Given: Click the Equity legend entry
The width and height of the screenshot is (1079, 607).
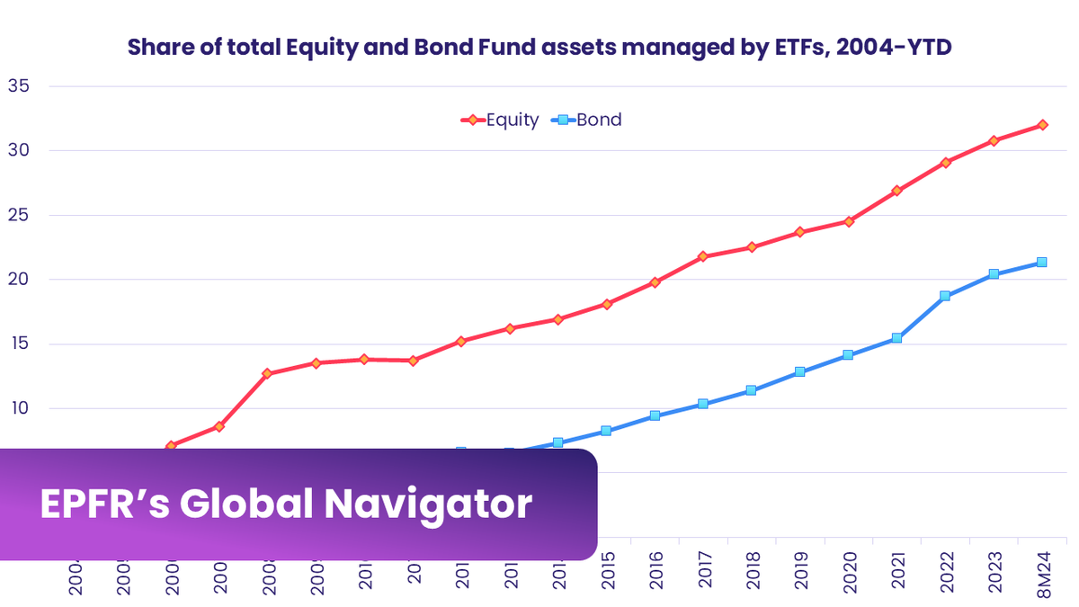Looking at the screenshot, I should point(512,120).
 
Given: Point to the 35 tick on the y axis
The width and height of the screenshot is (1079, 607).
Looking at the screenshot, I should point(19,86).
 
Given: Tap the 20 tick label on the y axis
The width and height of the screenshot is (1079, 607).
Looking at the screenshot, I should point(19,280).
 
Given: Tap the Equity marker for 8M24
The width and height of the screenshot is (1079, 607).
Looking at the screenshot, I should point(1042,125).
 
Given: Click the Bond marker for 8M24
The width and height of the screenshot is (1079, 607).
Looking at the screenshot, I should point(1042,263).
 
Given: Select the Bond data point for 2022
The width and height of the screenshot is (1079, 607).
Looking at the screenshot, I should point(945,296).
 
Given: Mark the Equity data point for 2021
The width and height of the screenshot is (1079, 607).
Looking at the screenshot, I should point(896,191).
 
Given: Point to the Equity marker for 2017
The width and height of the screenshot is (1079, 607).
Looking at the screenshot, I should point(703,257).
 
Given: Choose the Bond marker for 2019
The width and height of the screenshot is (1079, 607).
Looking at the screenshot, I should point(800,371).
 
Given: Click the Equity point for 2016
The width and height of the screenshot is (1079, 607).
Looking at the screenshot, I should point(655,282).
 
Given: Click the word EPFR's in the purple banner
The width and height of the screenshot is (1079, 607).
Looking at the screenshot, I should point(102,504).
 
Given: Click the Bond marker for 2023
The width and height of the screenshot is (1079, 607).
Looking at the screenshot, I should point(994,274).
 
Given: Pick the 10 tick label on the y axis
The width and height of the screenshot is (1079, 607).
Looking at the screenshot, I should point(19,408).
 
